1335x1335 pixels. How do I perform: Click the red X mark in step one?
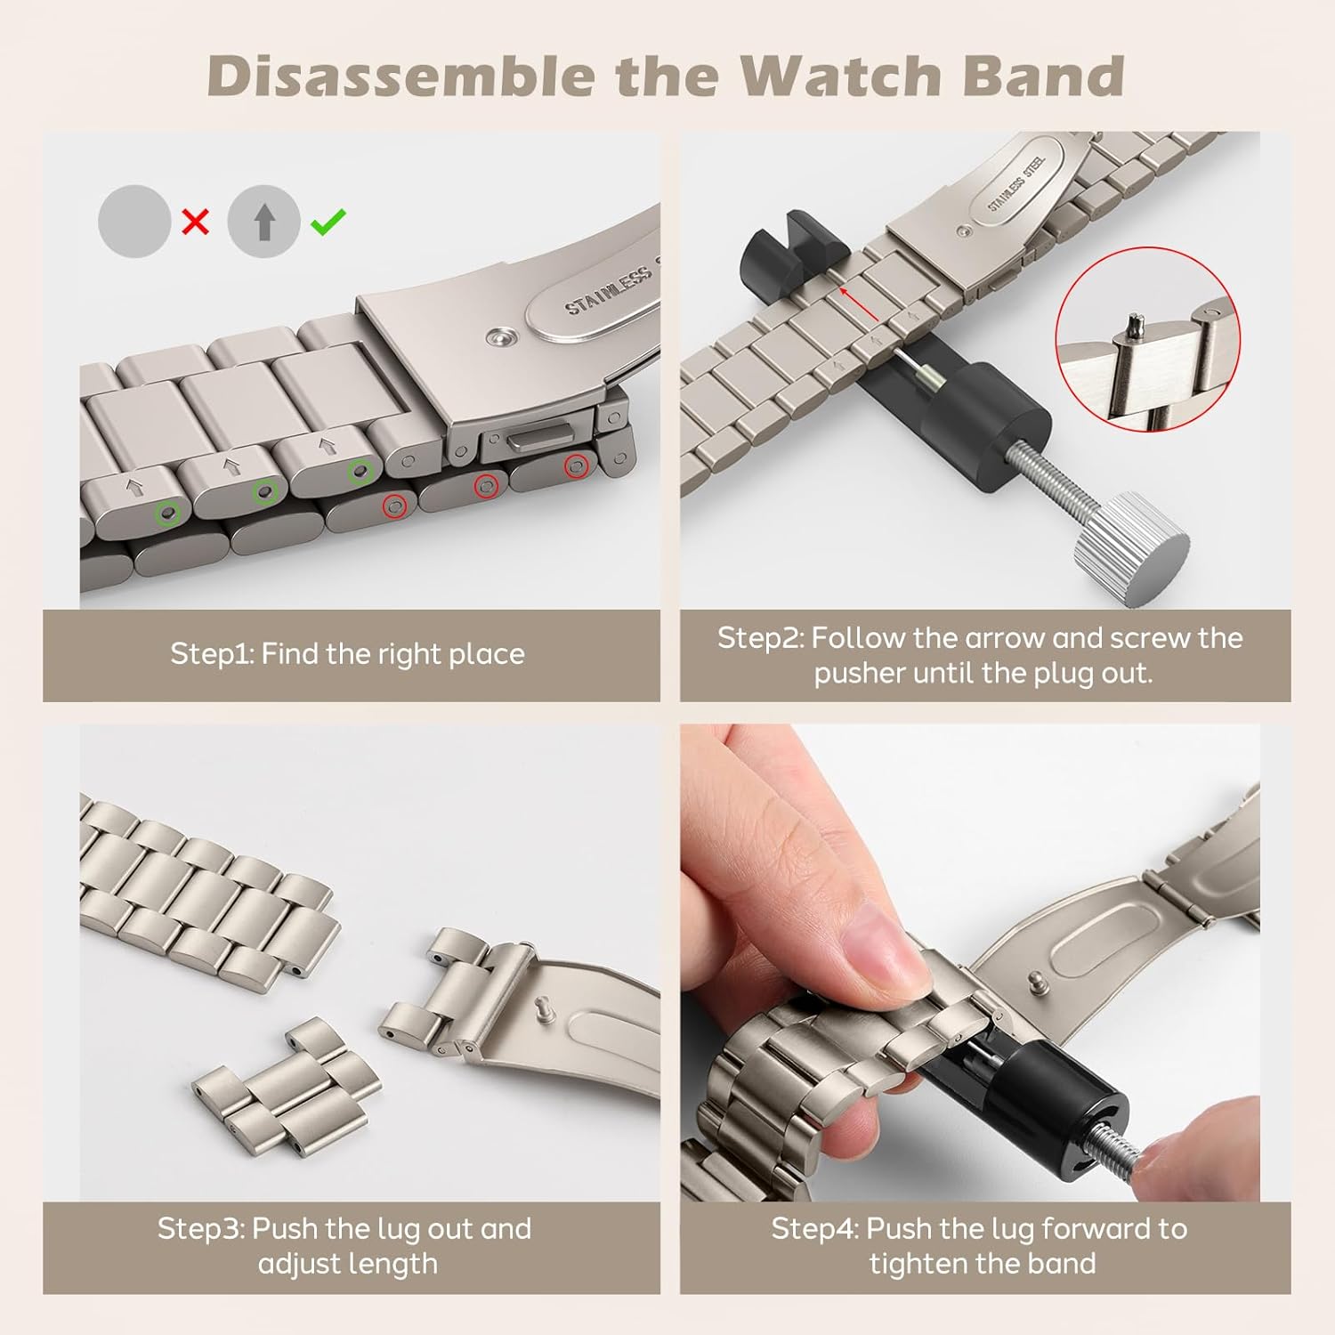point(195,222)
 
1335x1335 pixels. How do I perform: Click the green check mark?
point(328,221)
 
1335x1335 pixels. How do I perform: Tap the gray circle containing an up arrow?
point(263,222)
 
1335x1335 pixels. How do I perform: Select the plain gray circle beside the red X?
point(133,222)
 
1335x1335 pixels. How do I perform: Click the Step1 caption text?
point(347,654)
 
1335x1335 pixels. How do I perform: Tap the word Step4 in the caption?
point(813,1229)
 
